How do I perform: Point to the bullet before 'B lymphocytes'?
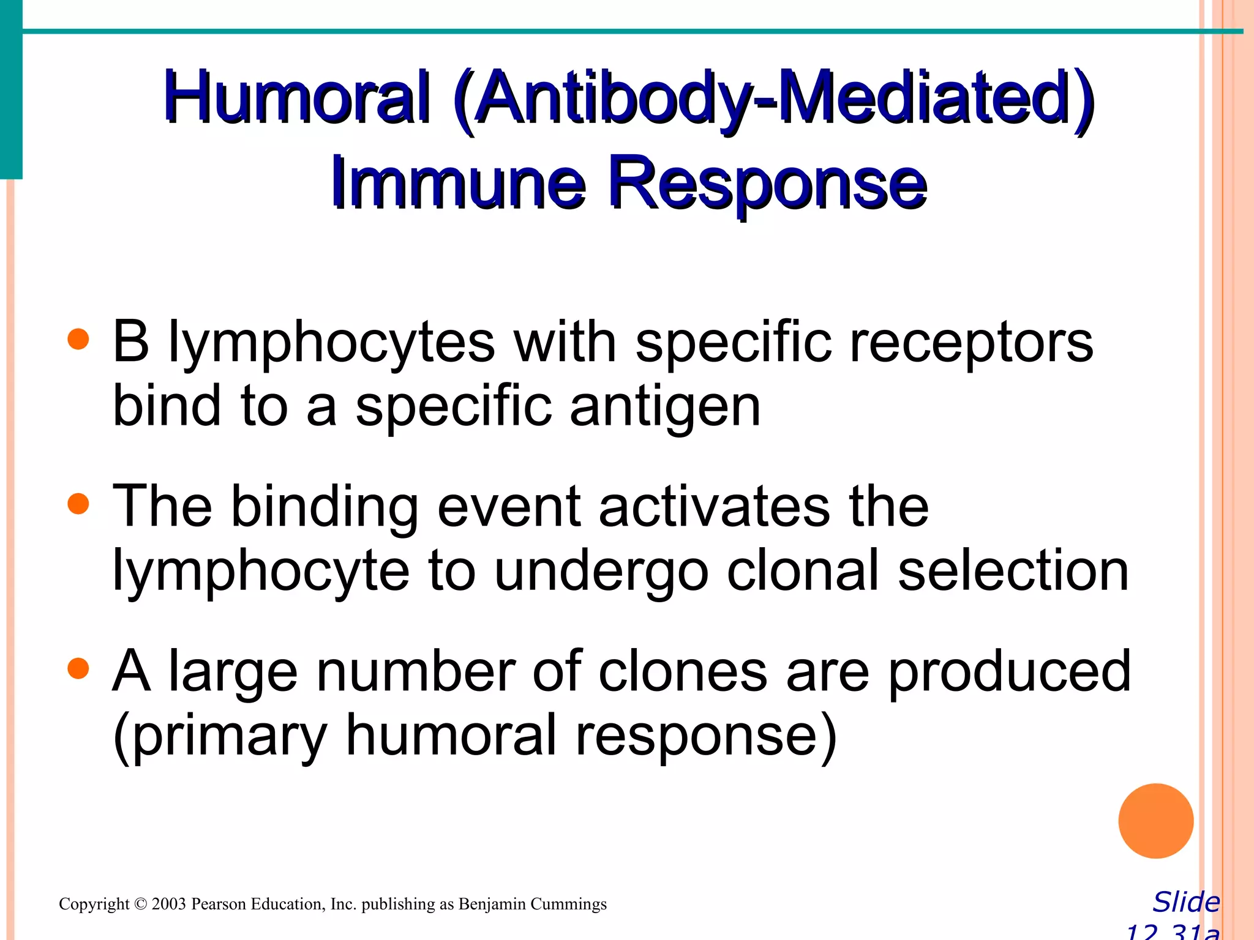click(x=78, y=339)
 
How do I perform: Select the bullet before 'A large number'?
click(x=78, y=669)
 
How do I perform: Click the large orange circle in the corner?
click(x=1155, y=821)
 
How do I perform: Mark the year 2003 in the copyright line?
click(x=168, y=904)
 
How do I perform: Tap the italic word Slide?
click(x=1186, y=902)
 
